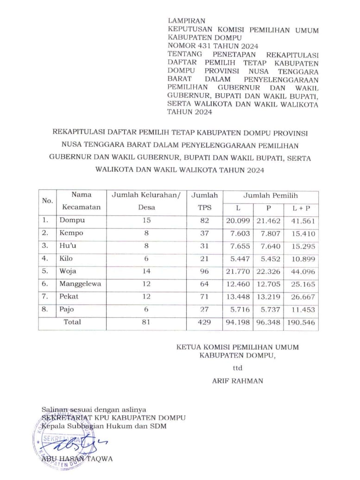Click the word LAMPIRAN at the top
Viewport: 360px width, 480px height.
click(x=186, y=21)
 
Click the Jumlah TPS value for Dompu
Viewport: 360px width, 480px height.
click(x=204, y=221)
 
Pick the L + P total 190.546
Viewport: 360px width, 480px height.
click(x=301, y=322)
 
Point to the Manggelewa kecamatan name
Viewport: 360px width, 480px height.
click(x=80, y=284)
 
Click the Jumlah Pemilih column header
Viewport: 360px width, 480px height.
click(x=271, y=196)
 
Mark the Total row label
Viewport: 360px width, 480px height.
click(x=72, y=322)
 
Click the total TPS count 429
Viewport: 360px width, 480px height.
click(x=204, y=322)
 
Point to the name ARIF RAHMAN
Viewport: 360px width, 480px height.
click(x=237, y=381)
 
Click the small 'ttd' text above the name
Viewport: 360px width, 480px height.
click(x=237, y=368)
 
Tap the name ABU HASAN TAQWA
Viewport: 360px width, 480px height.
click(x=77, y=459)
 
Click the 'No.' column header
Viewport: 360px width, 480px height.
click(x=47, y=201)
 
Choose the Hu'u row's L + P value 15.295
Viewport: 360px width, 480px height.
click(x=301, y=246)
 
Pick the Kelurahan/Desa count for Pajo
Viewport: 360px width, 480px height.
click(x=147, y=309)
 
